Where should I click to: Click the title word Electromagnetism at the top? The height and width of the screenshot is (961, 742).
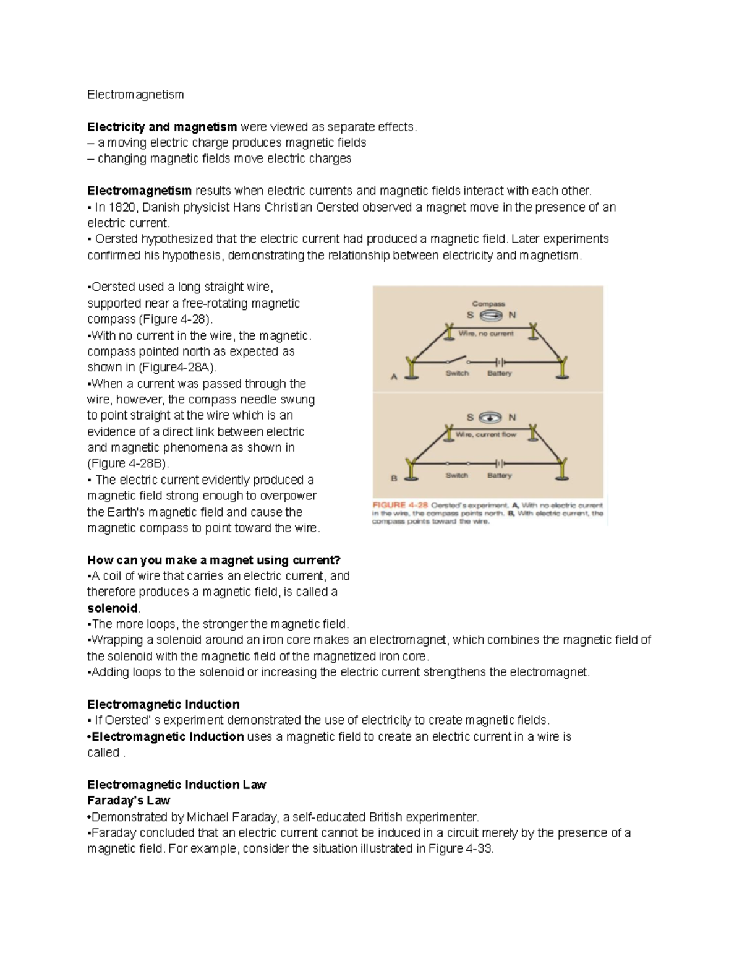[x=135, y=95]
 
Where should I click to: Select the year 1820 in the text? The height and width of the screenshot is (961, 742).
[x=121, y=207]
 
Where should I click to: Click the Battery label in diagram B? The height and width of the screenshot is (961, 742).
[x=499, y=476]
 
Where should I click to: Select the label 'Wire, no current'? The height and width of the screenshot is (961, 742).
[x=486, y=334]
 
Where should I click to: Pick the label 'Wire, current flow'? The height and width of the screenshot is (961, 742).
[x=486, y=435]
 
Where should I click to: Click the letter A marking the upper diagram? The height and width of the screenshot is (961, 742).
[x=394, y=376]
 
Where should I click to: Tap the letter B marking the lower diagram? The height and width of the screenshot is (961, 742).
[x=394, y=478]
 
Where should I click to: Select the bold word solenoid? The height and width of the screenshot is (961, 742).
[x=113, y=608]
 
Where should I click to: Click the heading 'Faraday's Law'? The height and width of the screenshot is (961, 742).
[x=129, y=801]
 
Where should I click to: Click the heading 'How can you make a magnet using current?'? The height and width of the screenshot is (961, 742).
[x=214, y=560]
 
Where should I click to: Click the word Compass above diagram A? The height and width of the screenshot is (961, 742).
[x=488, y=304]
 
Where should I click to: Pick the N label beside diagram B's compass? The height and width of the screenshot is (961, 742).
[x=512, y=418]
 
